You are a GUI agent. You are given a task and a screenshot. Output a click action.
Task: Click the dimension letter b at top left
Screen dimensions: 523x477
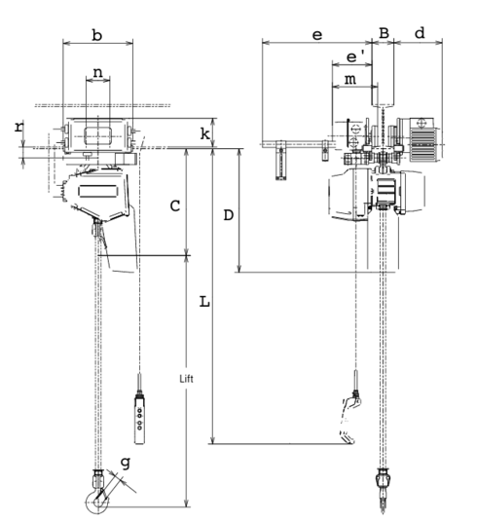[96, 35]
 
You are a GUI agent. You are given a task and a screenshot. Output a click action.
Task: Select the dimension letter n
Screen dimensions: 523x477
[98, 73]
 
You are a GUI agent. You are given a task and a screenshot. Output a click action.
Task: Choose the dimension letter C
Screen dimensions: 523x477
[173, 205]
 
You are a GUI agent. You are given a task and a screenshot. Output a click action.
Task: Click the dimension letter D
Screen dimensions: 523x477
[228, 214]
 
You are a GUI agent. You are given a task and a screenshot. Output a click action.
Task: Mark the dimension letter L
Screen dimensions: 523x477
[203, 302]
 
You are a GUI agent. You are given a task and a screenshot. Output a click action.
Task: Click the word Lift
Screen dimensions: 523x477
[188, 377]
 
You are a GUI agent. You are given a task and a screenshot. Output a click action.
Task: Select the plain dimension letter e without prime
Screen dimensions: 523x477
[316, 34]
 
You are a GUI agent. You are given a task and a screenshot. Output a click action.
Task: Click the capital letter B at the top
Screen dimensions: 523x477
[385, 33]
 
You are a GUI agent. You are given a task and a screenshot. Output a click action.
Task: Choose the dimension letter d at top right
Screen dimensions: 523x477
[420, 33]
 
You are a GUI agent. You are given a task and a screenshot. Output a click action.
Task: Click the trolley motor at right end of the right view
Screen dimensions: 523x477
[423, 141]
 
